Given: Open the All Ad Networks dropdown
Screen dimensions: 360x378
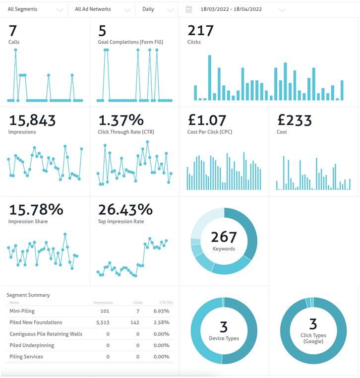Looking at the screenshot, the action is click(x=101, y=9).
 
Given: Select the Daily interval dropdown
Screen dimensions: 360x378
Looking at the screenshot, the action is click(x=157, y=9).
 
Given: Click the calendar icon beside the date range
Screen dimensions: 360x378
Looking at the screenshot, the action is click(x=189, y=9).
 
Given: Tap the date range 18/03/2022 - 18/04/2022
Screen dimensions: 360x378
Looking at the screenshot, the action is click(x=231, y=9).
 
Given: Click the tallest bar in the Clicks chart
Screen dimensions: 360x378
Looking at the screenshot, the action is click(x=210, y=77).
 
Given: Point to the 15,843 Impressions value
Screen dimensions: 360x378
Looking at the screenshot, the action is click(x=32, y=120).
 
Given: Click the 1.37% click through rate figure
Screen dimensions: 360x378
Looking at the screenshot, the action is click(x=121, y=120).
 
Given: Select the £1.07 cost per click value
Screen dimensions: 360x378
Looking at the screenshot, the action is click(x=207, y=120).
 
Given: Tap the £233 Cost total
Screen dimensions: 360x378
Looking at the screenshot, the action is click(x=295, y=120).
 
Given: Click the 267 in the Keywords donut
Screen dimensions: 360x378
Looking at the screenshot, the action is click(x=224, y=237).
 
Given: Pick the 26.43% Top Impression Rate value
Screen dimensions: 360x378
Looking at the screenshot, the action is click(x=125, y=209).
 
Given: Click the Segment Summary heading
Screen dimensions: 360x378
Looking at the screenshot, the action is click(x=28, y=295).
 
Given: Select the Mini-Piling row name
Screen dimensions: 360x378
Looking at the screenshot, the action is click(x=22, y=311).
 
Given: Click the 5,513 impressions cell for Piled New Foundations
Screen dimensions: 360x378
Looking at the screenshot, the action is click(x=103, y=322).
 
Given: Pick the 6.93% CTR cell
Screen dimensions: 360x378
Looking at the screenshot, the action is click(x=162, y=311).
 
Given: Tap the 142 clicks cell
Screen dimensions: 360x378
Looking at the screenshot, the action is click(x=135, y=322).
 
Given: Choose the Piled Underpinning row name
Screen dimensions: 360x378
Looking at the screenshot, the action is click(x=32, y=345).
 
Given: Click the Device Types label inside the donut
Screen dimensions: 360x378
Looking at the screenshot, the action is click(x=224, y=338).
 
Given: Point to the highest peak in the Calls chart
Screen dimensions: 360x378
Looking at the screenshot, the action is click(x=16, y=50).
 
